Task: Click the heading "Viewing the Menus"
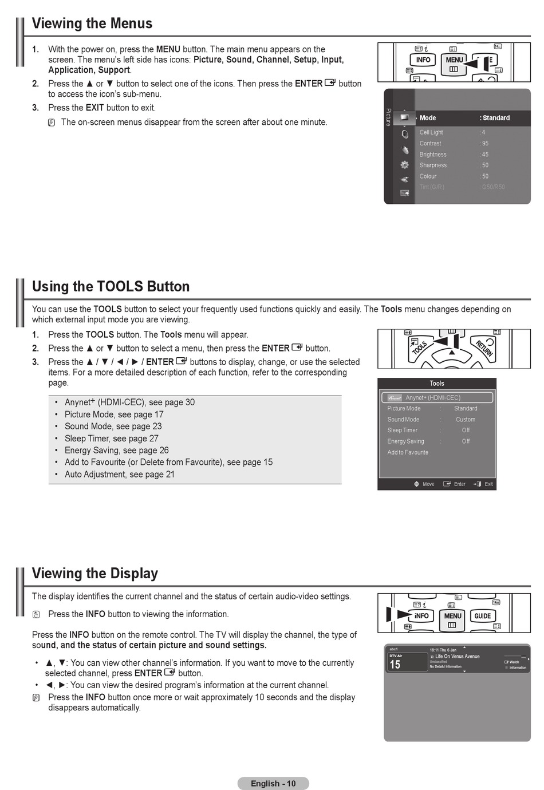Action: [92, 23]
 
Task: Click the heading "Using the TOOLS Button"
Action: [111, 286]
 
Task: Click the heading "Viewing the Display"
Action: [95, 573]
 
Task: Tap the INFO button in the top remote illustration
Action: [423, 60]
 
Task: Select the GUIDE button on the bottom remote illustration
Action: [482, 616]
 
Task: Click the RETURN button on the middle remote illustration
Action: [484, 347]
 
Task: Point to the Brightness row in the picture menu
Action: [433, 155]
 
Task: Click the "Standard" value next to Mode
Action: [495, 118]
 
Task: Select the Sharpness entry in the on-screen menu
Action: [433, 165]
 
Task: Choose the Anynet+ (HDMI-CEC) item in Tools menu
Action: [433, 397]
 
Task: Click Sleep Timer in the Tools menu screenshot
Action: [403, 430]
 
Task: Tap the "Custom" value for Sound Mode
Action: [466, 420]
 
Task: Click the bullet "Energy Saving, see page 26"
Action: [116, 451]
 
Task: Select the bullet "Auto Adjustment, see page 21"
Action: [119, 475]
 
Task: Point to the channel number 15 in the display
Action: [395, 665]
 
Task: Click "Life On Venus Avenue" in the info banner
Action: [457, 657]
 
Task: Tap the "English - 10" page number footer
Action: [273, 783]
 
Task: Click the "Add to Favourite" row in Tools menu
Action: [408, 452]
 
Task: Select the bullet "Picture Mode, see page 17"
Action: [114, 414]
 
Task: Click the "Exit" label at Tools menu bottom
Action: [488, 484]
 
